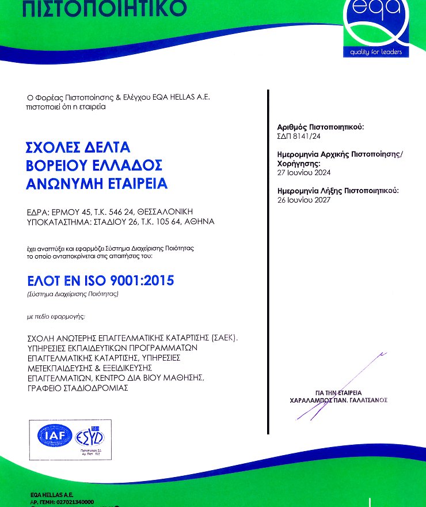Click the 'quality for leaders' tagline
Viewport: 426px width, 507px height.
[375, 53]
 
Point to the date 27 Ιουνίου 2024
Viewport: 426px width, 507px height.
[304, 172]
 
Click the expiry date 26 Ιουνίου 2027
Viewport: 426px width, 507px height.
[304, 199]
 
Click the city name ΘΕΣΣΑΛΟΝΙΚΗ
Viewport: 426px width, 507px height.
[185, 211]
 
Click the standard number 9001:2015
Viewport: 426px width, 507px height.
[142, 281]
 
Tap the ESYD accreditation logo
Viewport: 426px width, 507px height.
[89, 437]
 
